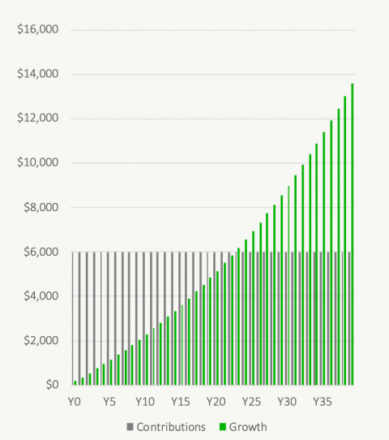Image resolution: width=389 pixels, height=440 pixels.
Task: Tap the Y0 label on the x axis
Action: [x=75, y=402]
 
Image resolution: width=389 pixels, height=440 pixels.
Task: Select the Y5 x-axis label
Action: [x=109, y=402]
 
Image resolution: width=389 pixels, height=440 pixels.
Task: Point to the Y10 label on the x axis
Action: [x=145, y=402]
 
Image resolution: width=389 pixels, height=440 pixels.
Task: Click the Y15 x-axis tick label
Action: [x=181, y=402]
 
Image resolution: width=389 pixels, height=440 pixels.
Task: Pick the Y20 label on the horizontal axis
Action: [x=216, y=402]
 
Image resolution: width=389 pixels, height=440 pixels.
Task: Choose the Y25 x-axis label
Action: [x=251, y=402]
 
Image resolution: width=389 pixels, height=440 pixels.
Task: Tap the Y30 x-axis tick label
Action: [x=287, y=402]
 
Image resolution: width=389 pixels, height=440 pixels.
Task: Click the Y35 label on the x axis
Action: [x=323, y=402]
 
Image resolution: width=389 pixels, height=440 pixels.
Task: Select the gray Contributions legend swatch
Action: [x=130, y=426]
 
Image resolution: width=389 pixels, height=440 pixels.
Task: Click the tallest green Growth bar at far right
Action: [x=352, y=235]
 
